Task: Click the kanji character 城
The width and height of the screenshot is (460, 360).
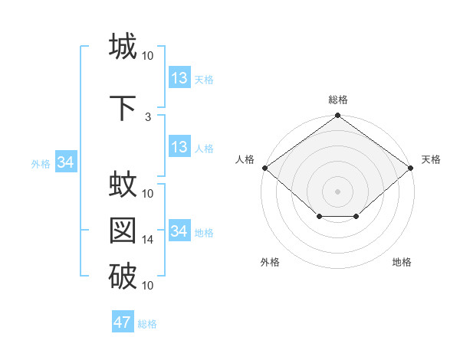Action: tap(123, 46)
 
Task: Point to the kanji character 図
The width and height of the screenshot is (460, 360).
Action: tap(123, 231)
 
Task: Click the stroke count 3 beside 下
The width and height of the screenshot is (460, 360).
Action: tap(148, 117)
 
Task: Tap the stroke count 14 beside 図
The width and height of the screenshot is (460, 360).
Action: tap(148, 240)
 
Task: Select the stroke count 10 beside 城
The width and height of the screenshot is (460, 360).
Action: tap(148, 56)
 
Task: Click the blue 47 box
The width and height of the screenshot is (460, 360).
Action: tap(123, 322)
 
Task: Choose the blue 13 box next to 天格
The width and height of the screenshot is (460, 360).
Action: tap(179, 78)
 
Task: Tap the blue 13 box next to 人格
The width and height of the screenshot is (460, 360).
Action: tap(179, 147)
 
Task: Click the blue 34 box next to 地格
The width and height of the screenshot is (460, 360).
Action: tap(179, 231)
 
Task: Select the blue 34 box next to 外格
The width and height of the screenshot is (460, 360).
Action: tap(65, 162)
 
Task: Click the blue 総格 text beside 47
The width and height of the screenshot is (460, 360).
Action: tap(147, 324)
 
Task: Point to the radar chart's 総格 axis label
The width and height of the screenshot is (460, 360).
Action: tap(337, 100)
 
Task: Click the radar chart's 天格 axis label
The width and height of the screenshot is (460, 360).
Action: tap(431, 159)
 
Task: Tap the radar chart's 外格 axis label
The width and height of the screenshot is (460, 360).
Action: tap(270, 262)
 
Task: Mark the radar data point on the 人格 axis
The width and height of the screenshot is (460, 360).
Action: tap(264, 168)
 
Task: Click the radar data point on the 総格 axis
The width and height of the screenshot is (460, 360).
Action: tap(337, 116)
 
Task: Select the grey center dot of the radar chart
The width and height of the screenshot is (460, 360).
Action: tap(337, 191)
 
